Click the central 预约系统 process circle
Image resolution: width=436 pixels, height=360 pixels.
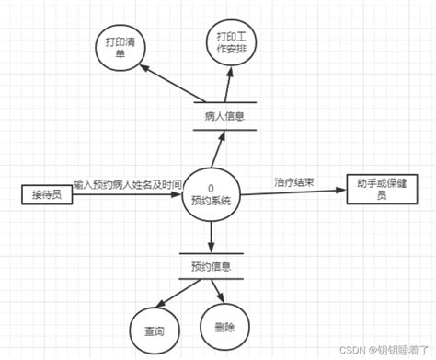(212, 193)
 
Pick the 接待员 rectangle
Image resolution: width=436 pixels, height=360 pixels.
(46, 194)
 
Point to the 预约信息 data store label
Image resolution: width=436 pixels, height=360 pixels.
(211, 268)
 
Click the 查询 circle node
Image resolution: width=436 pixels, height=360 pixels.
(153, 329)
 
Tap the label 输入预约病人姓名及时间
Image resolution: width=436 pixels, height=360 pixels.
(127, 183)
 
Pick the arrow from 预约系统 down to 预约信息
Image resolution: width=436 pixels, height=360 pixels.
(212, 236)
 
